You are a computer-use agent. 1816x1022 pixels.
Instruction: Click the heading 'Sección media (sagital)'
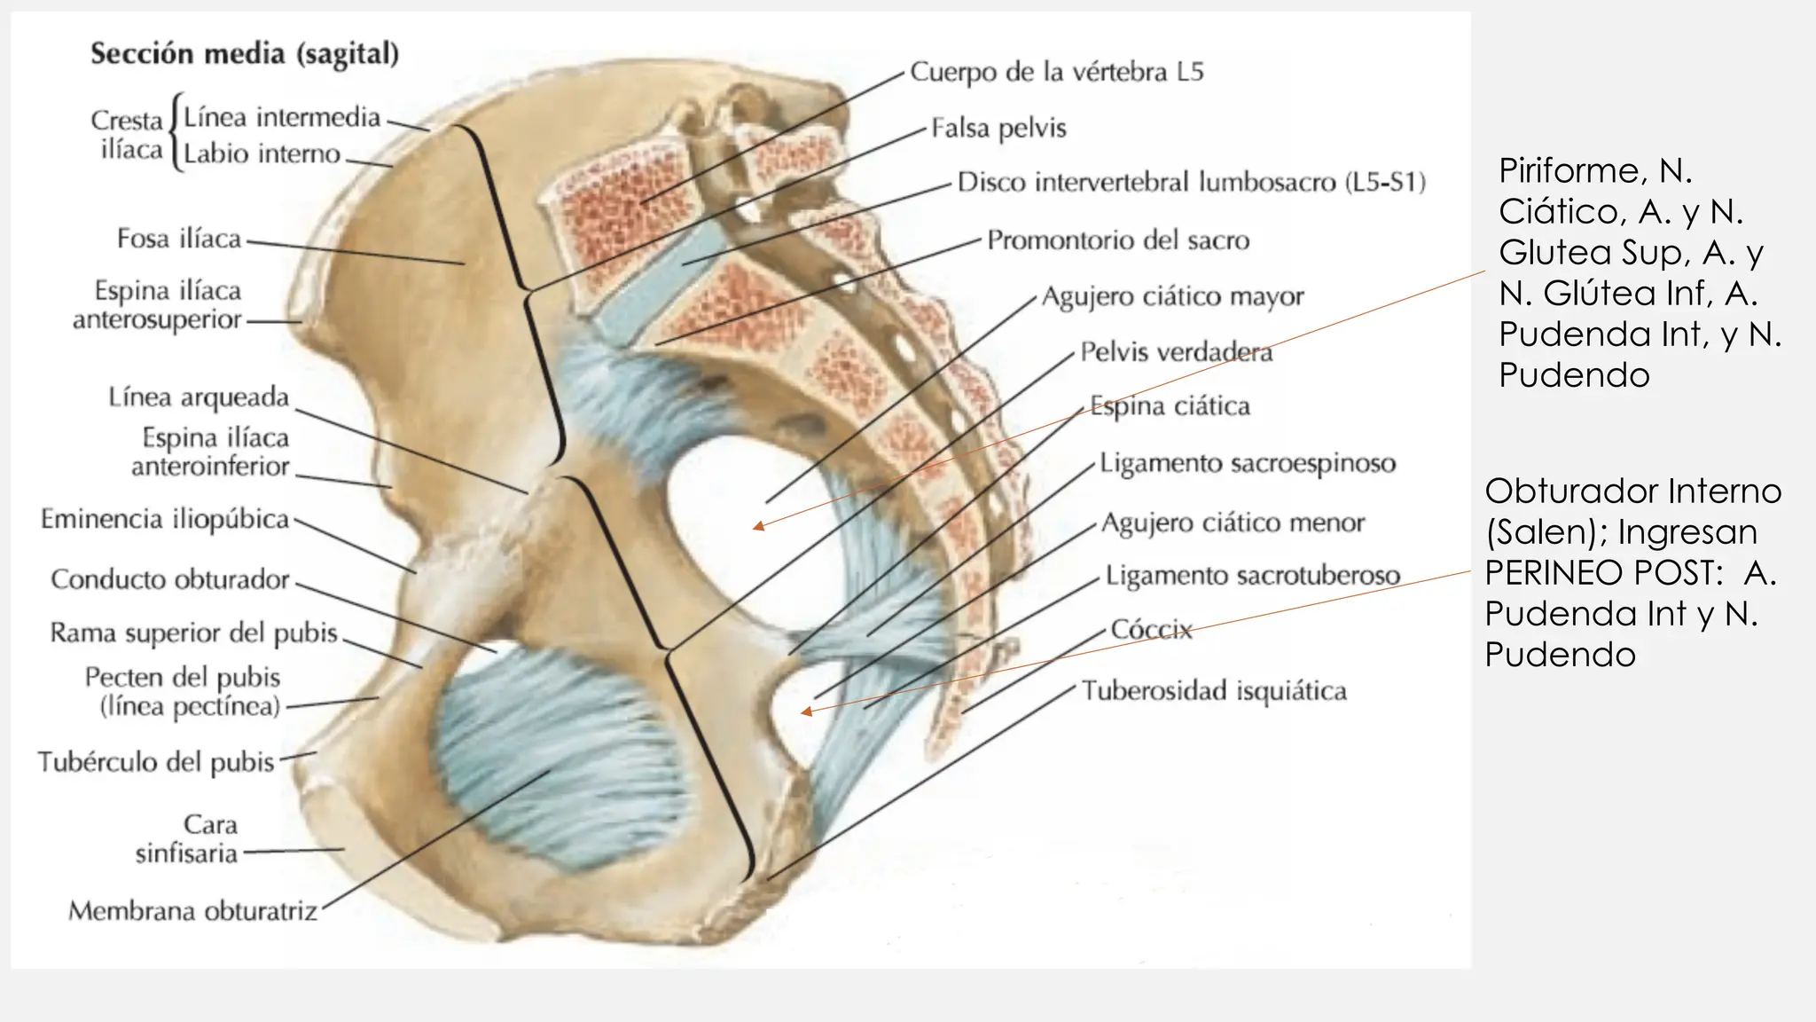(245, 54)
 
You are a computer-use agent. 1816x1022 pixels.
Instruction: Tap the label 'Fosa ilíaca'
(179, 239)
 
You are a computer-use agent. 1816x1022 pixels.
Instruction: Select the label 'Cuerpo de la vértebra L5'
(1057, 72)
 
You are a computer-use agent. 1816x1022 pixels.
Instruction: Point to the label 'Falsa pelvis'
(998, 129)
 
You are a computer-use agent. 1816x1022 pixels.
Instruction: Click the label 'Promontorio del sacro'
(1118, 240)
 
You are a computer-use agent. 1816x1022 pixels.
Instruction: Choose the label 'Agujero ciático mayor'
(1172, 296)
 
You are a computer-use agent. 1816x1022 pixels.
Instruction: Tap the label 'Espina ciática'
(1170, 406)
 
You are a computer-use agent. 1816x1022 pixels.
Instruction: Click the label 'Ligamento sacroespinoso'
(1248, 463)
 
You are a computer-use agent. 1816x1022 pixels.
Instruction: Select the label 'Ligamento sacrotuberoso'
(1252, 576)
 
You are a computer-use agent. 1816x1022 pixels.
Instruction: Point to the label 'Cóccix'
(1151, 630)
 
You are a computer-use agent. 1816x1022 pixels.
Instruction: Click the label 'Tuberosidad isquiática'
(1214, 691)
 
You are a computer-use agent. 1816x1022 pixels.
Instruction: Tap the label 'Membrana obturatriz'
(192, 911)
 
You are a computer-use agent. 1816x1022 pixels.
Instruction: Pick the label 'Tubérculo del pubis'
(156, 762)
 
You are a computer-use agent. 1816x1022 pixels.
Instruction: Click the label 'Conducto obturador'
(169, 579)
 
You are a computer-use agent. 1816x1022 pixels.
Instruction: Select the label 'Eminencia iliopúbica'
(165, 519)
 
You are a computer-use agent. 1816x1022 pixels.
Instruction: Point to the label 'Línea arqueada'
(199, 397)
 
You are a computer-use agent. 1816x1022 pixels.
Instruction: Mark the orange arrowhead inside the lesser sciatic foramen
(806, 711)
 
